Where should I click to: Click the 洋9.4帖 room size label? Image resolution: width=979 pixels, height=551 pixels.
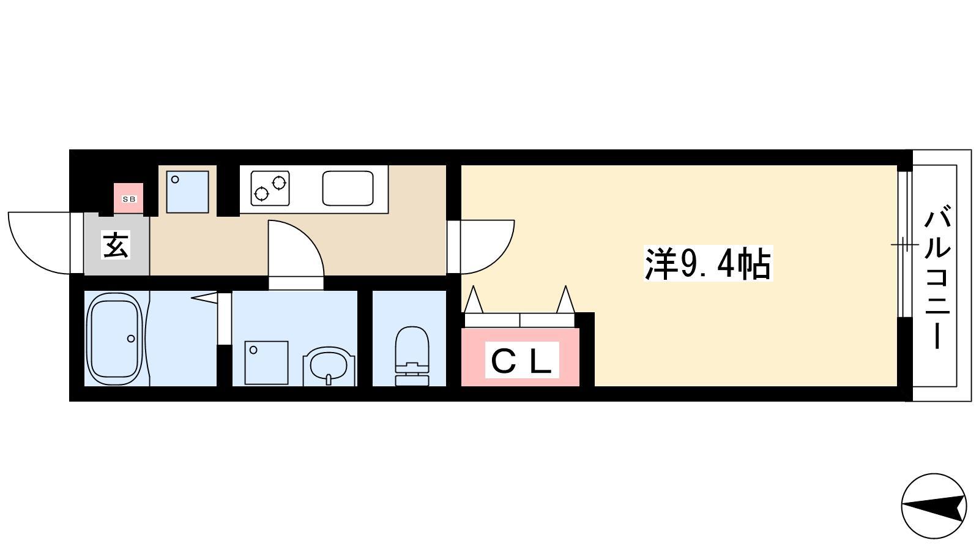tap(709, 264)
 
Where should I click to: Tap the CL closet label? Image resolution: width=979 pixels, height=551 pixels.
tap(522, 360)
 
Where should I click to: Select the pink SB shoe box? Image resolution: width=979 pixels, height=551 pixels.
tap(128, 198)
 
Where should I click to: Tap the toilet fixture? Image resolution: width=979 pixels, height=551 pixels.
tap(412, 356)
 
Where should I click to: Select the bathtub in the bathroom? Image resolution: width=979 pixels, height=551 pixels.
tap(115, 339)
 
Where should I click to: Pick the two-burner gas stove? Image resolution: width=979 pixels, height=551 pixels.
tap(270, 189)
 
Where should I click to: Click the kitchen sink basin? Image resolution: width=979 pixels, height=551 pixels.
tap(348, 188)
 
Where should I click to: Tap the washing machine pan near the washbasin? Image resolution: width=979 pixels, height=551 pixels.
tap(266, 363)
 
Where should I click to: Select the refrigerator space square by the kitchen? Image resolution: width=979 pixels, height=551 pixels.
tap(187, 192)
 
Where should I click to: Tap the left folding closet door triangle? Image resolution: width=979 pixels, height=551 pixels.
tap(474, 299)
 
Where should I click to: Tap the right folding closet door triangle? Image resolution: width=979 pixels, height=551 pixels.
tap(565, 299)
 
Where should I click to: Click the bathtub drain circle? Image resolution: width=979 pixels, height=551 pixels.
tap(131, 339)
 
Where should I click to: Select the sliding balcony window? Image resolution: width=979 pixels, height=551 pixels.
tap(905, 244)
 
